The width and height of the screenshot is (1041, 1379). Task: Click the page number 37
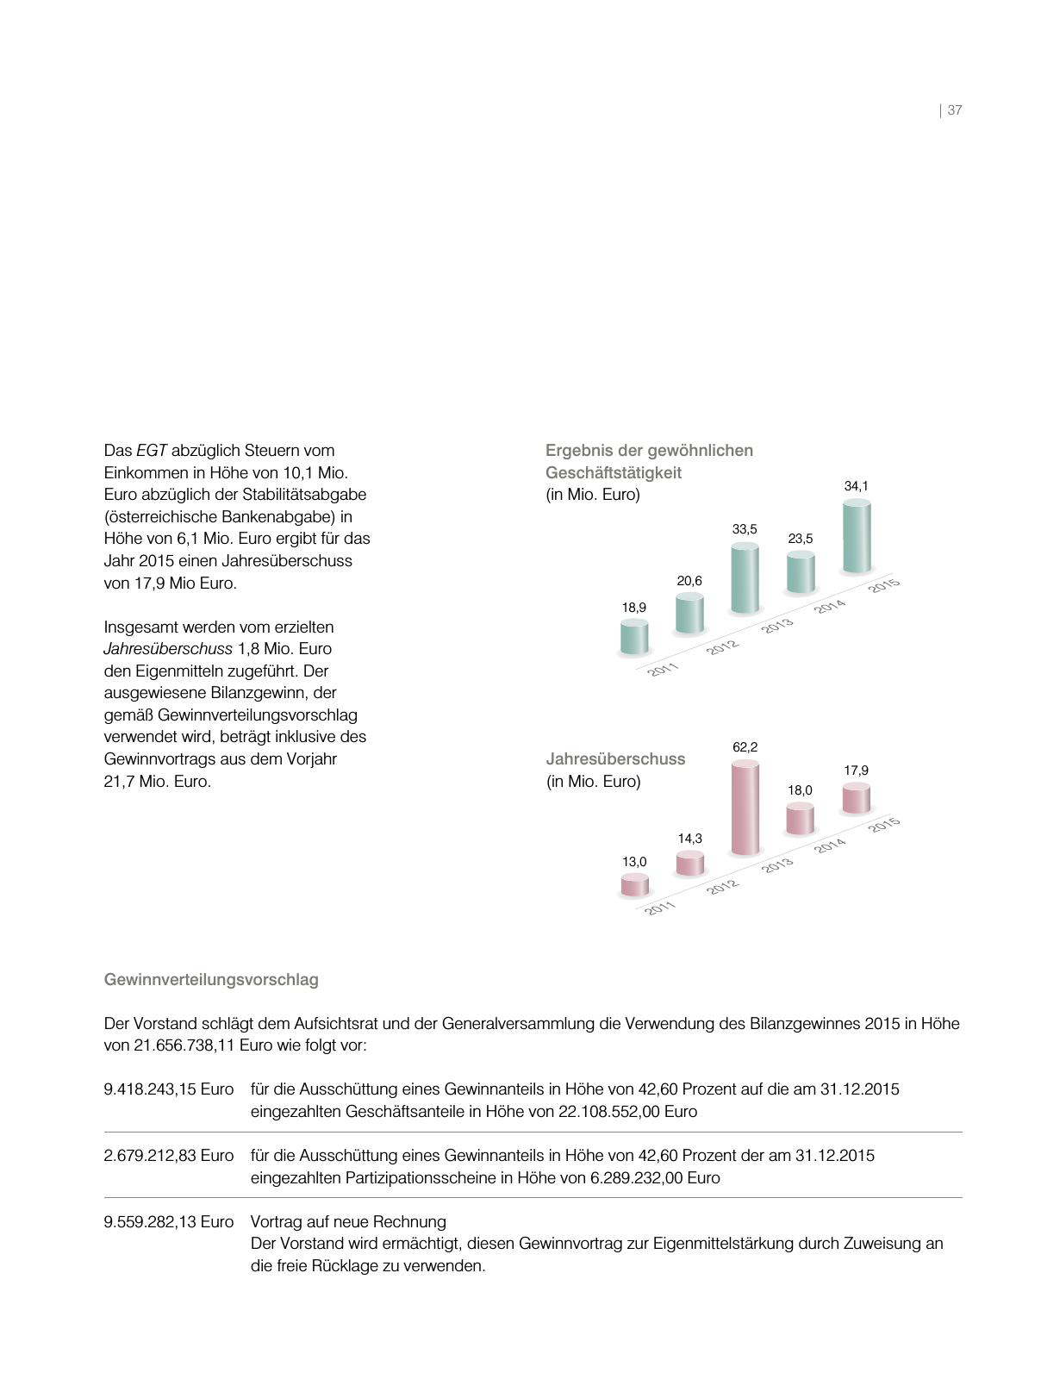(954, 110)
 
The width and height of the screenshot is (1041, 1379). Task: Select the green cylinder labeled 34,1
(857, 538)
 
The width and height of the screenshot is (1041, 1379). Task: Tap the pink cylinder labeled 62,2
(745, 808)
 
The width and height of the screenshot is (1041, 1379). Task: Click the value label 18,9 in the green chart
(633, 608)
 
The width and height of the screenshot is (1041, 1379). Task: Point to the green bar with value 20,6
(689, 614)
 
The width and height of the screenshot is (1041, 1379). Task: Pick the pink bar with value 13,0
(634, 885)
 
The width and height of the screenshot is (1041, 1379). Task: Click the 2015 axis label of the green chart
(884, 585)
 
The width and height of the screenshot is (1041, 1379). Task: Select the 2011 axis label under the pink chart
(661, 908)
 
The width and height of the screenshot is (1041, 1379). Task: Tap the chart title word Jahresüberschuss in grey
(615, 759)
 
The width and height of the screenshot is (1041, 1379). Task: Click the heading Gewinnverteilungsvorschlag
(211, 980)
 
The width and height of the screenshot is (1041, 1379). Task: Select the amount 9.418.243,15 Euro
(169, 1089)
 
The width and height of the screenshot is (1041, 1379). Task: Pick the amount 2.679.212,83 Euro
(169, 1156)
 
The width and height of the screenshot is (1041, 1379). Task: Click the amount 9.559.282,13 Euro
(169, 1222)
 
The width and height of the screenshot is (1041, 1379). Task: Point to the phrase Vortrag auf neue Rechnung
(348, 1222)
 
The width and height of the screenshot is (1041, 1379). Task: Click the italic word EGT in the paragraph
(152, 451)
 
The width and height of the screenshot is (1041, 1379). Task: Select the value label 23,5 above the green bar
(801, 539)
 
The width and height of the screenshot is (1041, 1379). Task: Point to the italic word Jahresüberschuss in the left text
(168, 649)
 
